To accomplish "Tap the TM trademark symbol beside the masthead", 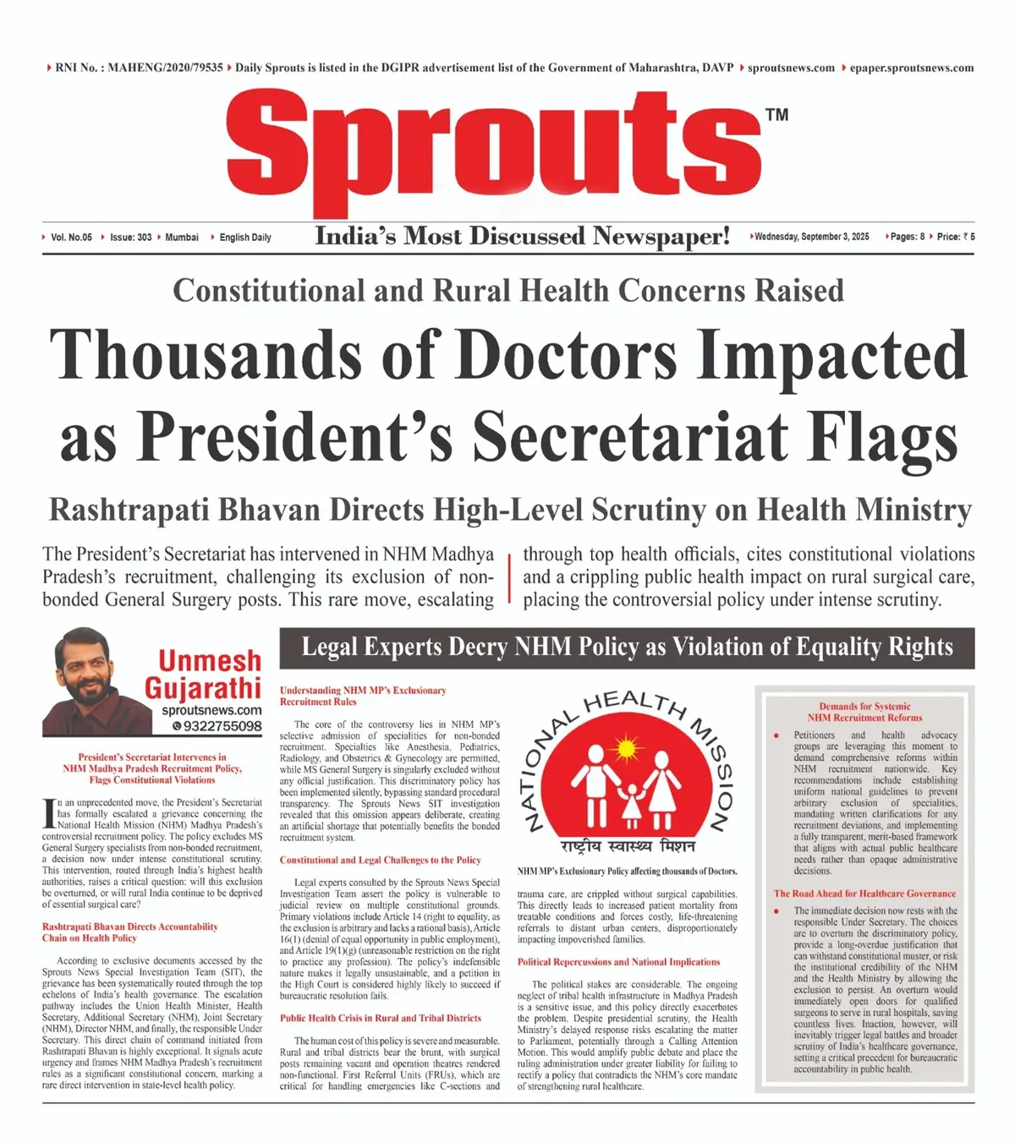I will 776,115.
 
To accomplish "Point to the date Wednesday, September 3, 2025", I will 812,237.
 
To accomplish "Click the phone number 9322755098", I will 222,726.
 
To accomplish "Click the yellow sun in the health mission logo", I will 626,749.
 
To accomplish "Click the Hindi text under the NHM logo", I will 627,846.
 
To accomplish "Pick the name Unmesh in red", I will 210,660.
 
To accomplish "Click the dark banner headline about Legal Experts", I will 627,648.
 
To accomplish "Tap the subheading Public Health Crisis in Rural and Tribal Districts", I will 381,1019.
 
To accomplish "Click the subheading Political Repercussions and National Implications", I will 618,962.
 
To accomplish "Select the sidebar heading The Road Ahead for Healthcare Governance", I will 864,894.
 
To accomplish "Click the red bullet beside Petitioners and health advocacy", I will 776,736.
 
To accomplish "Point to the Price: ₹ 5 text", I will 956,237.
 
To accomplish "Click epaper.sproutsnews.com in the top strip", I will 911,68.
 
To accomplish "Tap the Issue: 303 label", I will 130,238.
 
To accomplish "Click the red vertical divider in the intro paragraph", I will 509,577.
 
